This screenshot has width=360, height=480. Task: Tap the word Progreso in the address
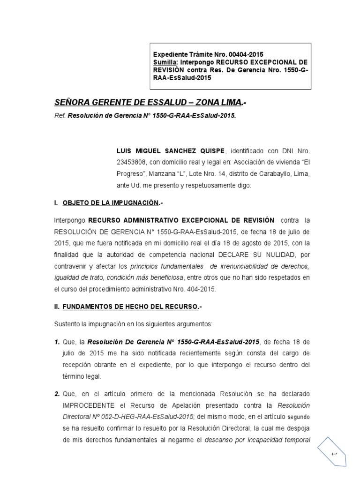pos(132,173)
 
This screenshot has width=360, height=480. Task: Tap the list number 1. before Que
pos(57,342)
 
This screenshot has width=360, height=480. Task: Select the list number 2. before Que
pos(57,393)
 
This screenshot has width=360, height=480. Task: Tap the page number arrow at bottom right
pos(334,455)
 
